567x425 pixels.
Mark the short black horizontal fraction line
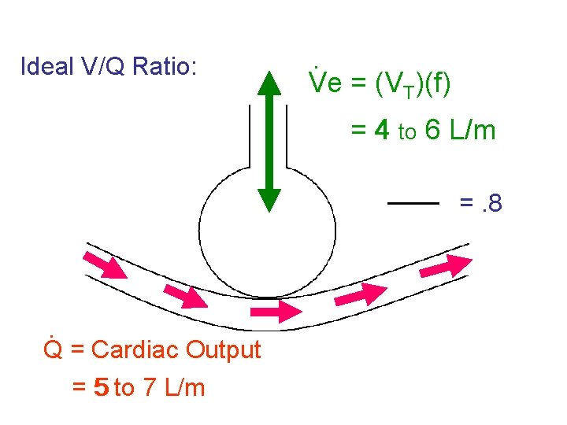pyautogui.click(x=413, y=203)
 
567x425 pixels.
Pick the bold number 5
pyautogui.click(x=101, y=388)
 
